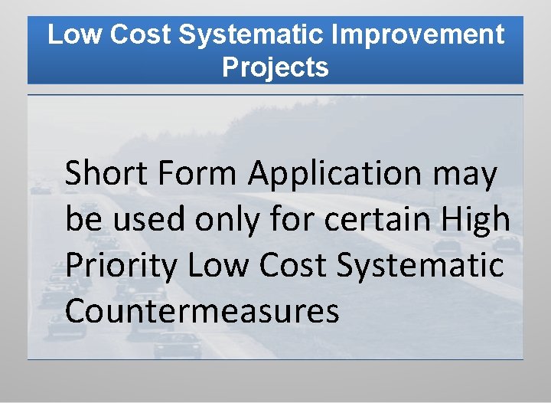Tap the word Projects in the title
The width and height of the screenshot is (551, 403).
click(275, 67)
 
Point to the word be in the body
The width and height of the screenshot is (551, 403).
click(80, 220)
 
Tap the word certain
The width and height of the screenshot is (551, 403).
click(373, 220)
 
